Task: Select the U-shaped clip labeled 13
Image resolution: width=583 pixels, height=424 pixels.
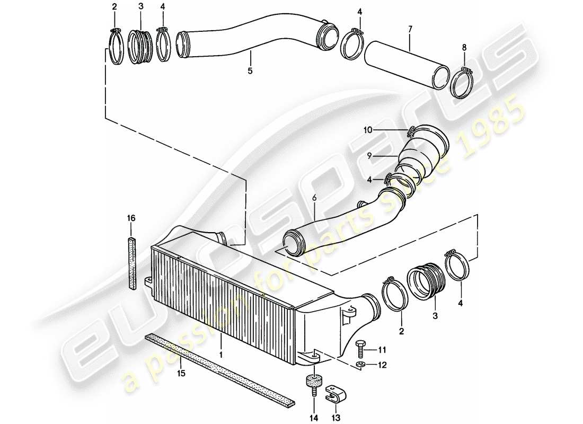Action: (332, 391)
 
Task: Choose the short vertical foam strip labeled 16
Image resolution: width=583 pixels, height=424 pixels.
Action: (131, 263)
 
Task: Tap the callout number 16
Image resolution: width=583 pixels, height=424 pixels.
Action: (131, 217)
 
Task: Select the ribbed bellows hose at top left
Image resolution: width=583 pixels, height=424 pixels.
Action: (141, 47)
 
